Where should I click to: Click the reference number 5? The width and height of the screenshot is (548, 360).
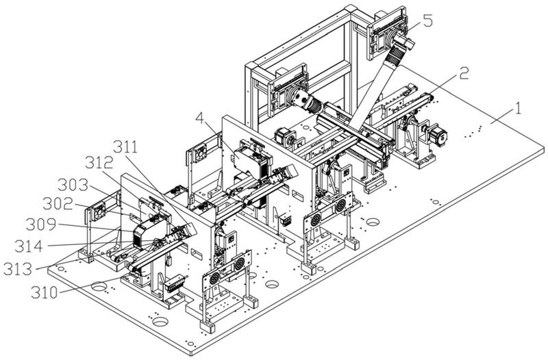427,21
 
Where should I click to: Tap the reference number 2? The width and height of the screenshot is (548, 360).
464,73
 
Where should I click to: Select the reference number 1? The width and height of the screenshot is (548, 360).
519,109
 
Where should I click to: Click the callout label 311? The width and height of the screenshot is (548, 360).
125,148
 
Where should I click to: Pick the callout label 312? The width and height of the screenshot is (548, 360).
99,163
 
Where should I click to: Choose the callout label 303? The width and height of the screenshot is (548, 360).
73,185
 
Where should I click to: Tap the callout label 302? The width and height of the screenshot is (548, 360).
58,203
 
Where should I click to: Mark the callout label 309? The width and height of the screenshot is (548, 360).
41,224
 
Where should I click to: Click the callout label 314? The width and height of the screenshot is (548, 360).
29,246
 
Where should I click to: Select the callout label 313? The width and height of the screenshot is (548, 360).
18,269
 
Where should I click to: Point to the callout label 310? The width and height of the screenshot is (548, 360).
45,292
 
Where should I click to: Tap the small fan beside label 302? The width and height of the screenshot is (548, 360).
99,212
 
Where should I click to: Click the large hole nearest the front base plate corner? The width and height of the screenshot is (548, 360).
160,321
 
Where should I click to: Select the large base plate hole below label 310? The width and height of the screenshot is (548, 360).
99,287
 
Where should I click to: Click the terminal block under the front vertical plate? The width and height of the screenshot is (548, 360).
174,283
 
